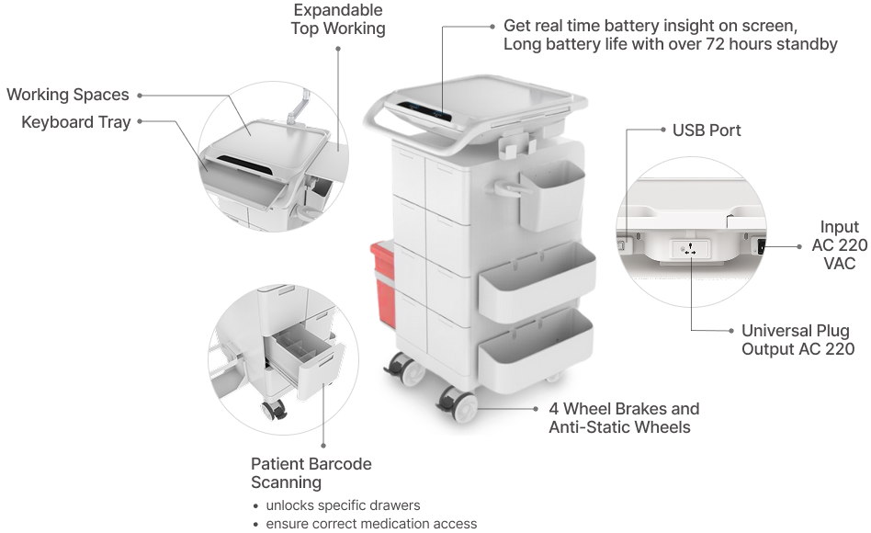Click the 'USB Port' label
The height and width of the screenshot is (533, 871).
click(x=706, y=130)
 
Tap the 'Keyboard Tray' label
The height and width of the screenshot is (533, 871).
click(x=75, y=122)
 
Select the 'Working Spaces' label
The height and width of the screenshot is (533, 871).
click(x=68, y=95)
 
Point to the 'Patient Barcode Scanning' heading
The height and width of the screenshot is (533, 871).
click(x=311, y=473)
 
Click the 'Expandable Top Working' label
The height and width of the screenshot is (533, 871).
click(x=338, y=19)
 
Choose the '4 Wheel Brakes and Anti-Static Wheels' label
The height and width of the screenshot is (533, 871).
click(x=624, y=418)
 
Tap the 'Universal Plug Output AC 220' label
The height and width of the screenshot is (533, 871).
click(x=797, y=340)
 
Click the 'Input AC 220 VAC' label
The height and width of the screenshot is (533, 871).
click(x=840, y=244)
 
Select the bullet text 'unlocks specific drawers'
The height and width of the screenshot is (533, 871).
click(x=343, y=505)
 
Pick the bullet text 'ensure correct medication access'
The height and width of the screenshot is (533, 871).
click(x=371, y=524)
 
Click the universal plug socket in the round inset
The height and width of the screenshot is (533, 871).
click(x=691, y=248)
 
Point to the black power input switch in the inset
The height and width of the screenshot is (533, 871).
click(x=761, y=245)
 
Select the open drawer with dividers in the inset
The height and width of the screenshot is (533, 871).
click(x=304, y=357)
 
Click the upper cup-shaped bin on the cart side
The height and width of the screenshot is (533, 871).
click(x=551, y=196)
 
